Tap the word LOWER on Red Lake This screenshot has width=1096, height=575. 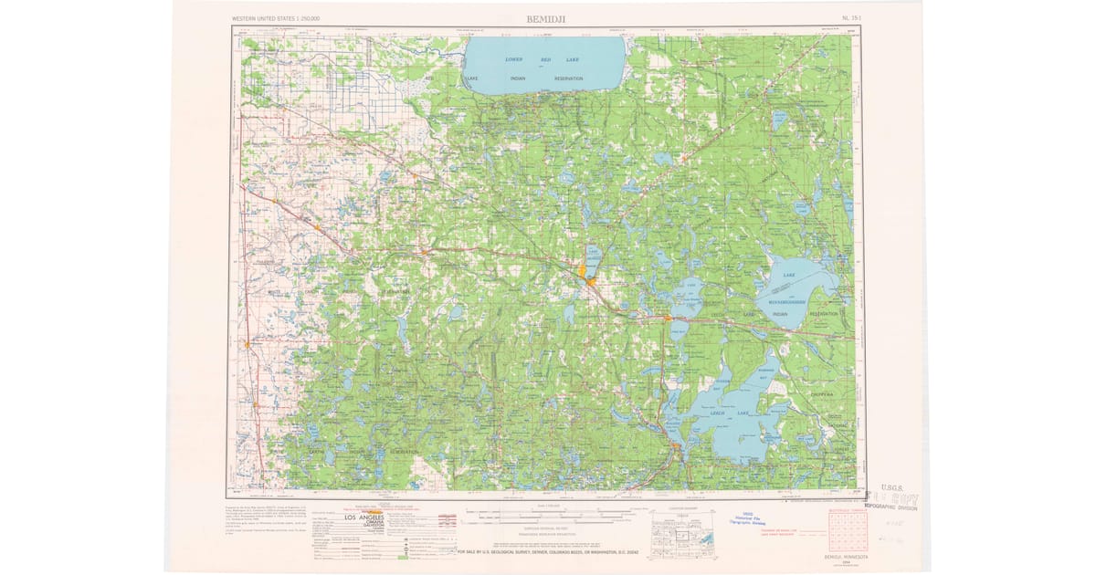coord(514,59)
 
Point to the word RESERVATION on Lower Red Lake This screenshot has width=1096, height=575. coord(568,78)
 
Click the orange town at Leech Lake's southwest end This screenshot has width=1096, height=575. coord(675,446)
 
